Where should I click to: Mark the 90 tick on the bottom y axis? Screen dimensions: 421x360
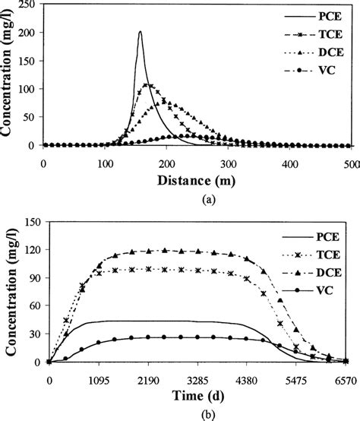33,278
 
